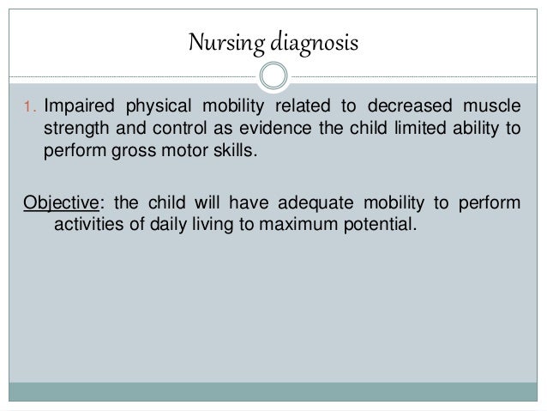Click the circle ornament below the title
[x=273, y=75]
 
